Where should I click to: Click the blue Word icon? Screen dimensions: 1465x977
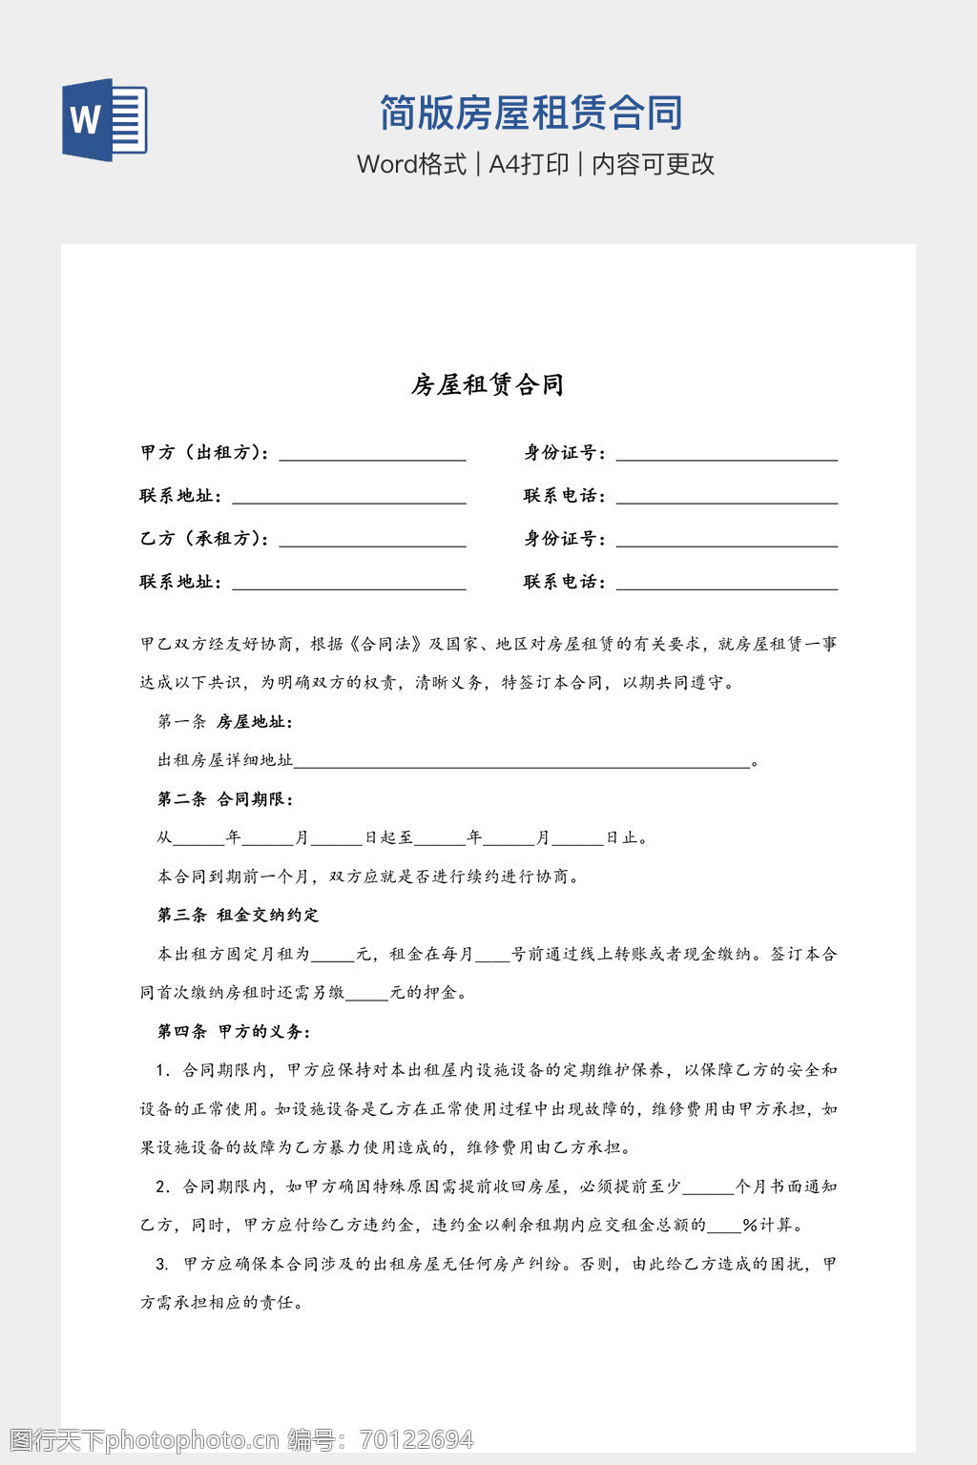coord(105,119)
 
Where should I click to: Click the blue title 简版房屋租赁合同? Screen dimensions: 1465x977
coord(530,113)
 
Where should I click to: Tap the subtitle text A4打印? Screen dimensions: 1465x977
coord(529,164)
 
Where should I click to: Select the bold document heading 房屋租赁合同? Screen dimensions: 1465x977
coord(488,384)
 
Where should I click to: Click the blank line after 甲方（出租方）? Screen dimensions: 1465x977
coord(372,454)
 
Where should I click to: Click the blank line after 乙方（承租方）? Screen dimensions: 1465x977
coord(372,541)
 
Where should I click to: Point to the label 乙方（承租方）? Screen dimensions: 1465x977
coord(204,539)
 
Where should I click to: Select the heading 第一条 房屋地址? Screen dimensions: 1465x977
coord(224,722)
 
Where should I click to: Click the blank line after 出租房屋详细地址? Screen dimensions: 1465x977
coord(522,762)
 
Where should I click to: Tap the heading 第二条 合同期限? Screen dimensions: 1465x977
coord(224,799)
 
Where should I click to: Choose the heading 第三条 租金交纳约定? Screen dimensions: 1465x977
coord(238,916)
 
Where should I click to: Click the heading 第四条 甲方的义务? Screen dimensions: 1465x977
coord(233,1032)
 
